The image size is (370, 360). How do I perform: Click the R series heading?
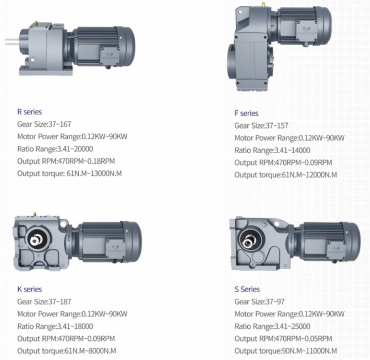click(30, 112)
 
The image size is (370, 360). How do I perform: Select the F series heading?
click(247, 113)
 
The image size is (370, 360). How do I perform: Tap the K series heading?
click(30, 289)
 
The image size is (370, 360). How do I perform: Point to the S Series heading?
click(247, 289)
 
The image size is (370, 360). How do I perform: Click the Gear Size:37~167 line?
click(44, 124)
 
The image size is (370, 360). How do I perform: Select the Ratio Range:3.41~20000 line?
click(55, 149)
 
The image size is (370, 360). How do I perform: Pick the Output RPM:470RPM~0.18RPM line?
click(66, 161)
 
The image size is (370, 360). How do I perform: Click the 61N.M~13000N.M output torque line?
click(70, 173)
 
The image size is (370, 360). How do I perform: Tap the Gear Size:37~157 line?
click(261, 126)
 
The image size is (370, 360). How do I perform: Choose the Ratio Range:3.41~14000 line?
click(272, 150)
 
